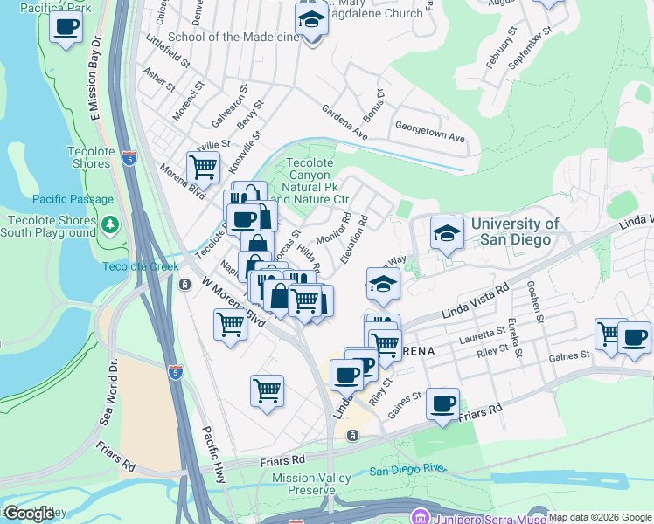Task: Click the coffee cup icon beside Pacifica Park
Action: (x=66, y=26)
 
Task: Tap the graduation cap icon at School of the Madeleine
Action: (x=310, y=19)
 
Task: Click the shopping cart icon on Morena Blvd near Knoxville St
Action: (x=203, y=165)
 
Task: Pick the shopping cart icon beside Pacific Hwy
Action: (x=267, y=390)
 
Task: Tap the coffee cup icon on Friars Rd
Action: (x=443, y=403)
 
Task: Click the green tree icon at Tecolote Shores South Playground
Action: (x=109, y=225)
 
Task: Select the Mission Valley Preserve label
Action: (x=311, y=484)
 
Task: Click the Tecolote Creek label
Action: (x=134, y=266)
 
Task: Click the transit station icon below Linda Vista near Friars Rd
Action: (x=351, y=435)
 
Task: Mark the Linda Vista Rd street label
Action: (x=477, y=300)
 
